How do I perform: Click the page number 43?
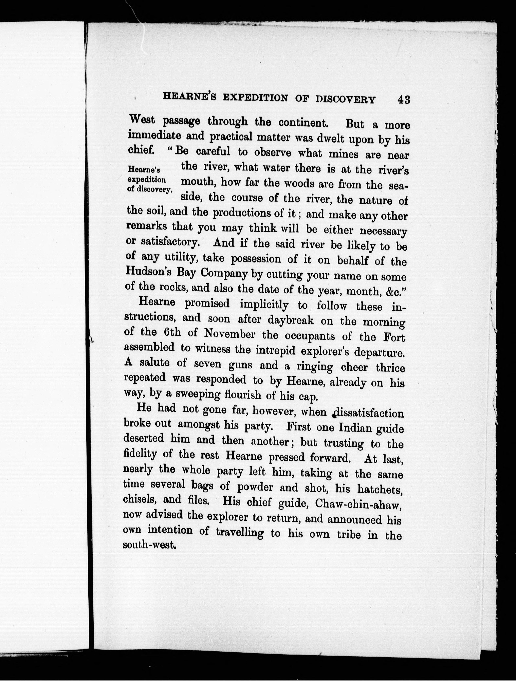click(404, 100)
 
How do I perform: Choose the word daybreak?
click(291, 320)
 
